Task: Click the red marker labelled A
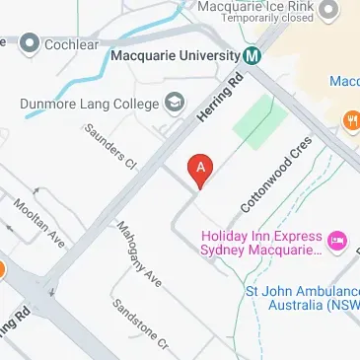tap(201, 170)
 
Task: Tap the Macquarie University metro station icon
tap(253, 55)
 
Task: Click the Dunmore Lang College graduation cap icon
tap(175, 101)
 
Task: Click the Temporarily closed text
tap(267, 19)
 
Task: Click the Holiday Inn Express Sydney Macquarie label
tap(261, 244)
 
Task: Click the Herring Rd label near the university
tap(218, 99)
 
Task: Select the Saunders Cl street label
tap(108, 146)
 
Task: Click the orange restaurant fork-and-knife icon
tap(351, 120)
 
